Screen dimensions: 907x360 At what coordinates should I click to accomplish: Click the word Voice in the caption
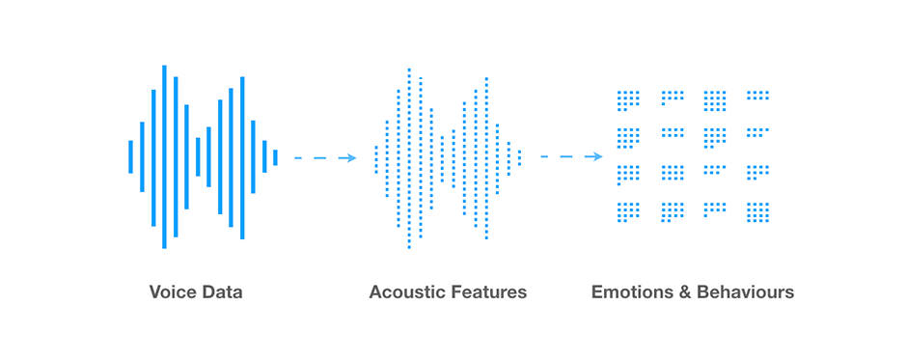[x=171, y=291]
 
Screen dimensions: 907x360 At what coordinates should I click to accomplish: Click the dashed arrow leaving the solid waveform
[x=325, y=157]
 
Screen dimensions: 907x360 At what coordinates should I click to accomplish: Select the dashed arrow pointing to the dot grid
[x=571, y=156]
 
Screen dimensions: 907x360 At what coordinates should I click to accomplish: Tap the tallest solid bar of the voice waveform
[x=164, y=157]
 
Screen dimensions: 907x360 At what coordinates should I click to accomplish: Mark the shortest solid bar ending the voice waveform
[x=275, y=157]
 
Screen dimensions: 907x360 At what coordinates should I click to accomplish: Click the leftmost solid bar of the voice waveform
[x=130, y=157]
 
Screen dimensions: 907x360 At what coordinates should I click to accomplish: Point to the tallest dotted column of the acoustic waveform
[x=409, y=158]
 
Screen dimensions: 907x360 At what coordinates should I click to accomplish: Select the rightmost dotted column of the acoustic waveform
[x=519, y=157]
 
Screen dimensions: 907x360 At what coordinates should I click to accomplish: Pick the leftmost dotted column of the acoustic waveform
[x=376, y=159]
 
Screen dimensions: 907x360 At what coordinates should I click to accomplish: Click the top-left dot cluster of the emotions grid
[x=628, y=100]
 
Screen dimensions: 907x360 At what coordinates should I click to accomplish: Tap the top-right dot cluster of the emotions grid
[x=757, y=95]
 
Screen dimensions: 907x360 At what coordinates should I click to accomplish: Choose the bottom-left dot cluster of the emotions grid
[x=628, y=211]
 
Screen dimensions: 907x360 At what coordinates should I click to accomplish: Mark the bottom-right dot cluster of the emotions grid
[x=757, y=211]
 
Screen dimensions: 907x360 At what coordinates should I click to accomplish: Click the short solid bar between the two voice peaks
[x=198, y=157]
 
